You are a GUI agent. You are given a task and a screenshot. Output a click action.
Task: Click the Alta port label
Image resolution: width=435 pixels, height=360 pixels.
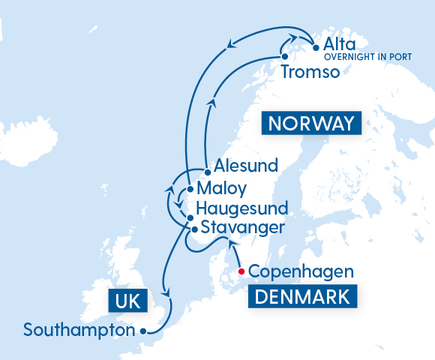(x=340, y=45)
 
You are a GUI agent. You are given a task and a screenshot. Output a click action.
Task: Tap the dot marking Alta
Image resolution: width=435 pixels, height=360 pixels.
(x=315, y=45)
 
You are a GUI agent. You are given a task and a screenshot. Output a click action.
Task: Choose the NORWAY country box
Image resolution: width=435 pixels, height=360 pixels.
(x=310, y=124)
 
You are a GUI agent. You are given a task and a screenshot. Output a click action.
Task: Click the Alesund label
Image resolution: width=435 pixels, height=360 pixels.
(x=245, y=165)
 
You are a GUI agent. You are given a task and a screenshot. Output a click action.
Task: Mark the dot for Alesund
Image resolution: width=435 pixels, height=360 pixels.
(x=206, y=172)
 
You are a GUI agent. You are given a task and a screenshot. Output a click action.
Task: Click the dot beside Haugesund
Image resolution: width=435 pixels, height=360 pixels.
(x=190, y=217)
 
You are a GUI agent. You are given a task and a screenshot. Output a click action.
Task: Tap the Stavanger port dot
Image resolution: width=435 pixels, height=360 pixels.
(x=194, y=229)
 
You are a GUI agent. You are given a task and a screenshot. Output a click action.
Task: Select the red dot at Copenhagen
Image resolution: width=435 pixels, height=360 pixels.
(x=241, y=271)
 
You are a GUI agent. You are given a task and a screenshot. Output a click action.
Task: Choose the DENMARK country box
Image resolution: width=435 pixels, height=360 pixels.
(x=302, y=297)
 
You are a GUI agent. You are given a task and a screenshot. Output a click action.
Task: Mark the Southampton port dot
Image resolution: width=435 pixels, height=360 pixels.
(x=143, y=329)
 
